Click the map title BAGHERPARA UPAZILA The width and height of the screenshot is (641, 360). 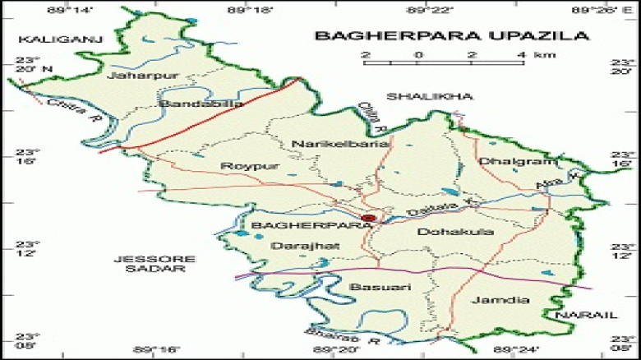point(452,35)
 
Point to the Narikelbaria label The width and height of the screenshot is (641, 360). point(328,144)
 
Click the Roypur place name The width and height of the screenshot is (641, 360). point(238,166)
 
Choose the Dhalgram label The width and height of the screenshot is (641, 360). point(506,161)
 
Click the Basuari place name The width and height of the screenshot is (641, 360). point(380,286)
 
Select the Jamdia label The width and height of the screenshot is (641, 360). point(496,300)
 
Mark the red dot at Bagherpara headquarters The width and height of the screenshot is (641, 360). point(369,218)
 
